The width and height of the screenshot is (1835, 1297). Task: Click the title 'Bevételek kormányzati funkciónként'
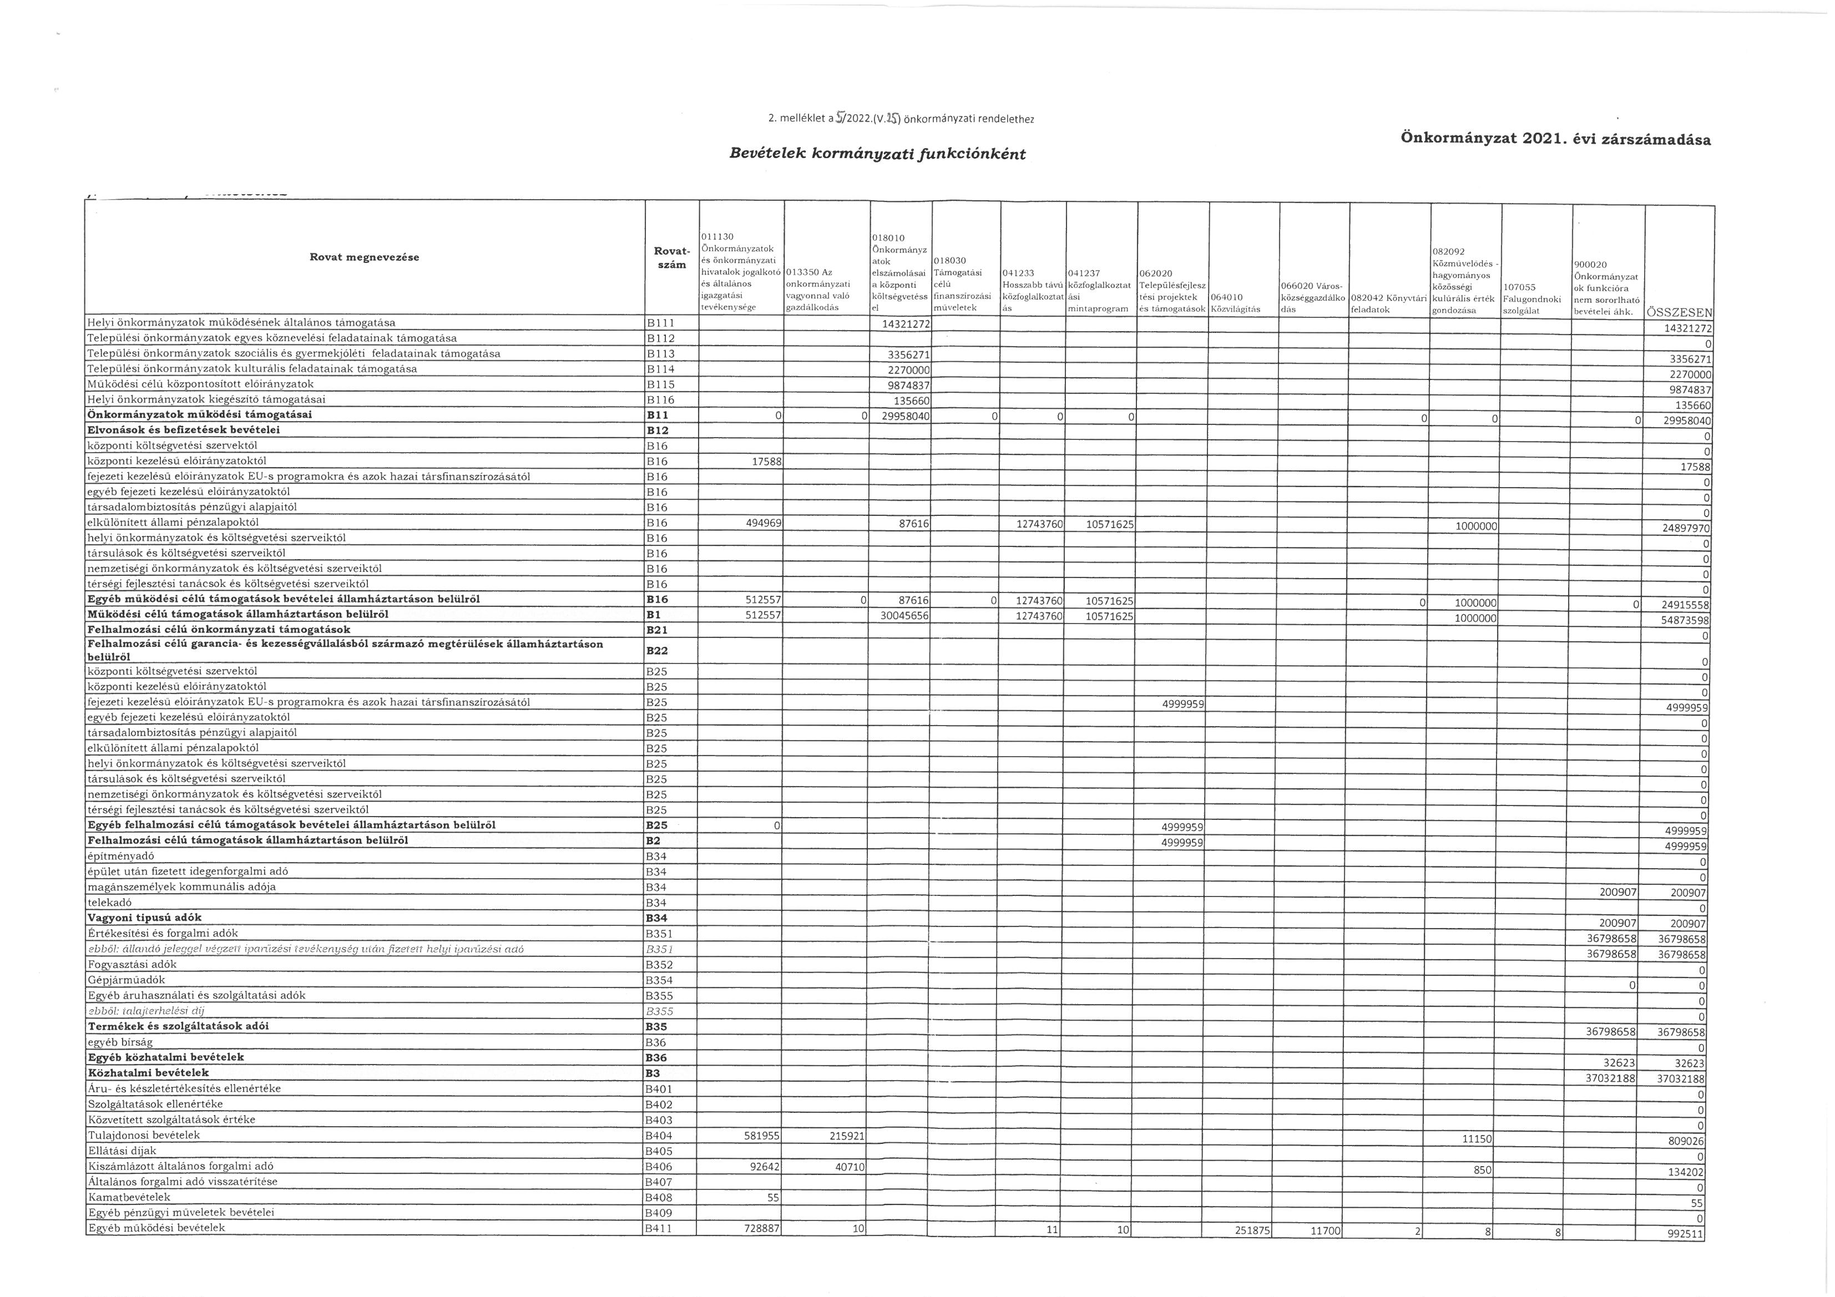[x=877, y=154]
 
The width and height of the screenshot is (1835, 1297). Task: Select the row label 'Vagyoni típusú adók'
[x=145, y=918]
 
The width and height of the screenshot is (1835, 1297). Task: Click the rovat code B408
[x=660, y=1197]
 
